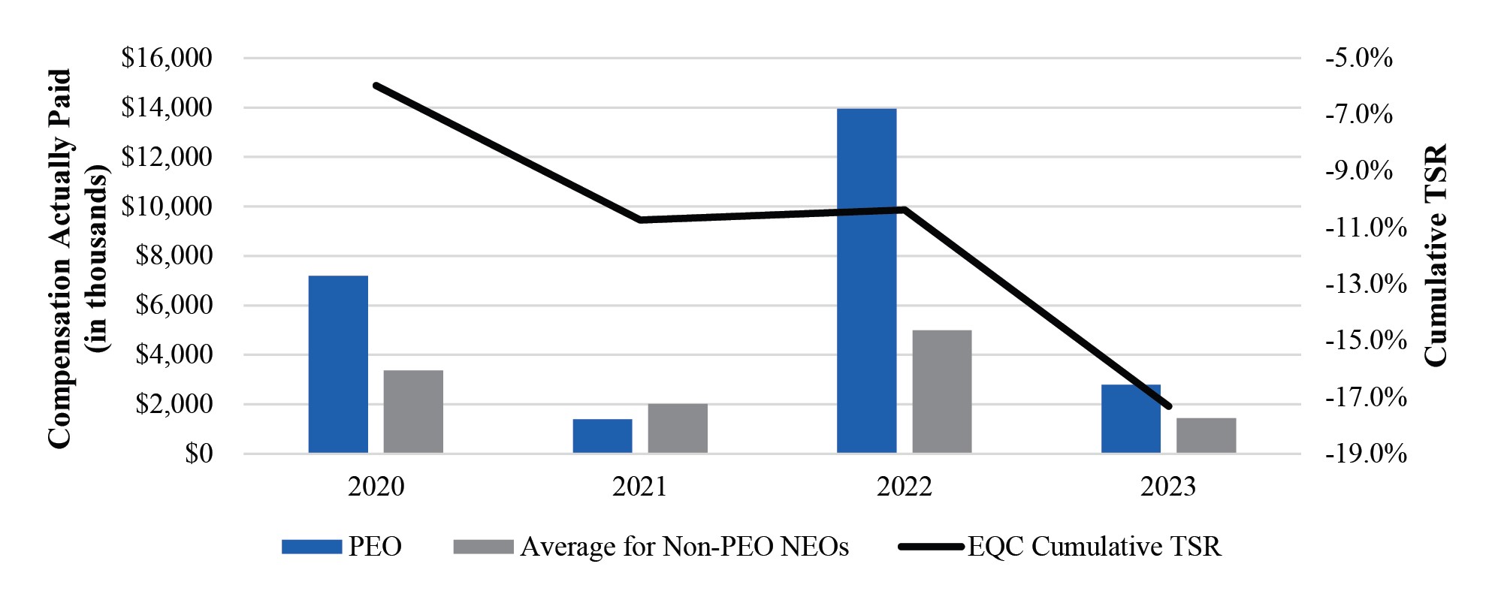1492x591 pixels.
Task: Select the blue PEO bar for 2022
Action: [866, 281]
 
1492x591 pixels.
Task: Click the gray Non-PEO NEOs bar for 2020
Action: [413, 412]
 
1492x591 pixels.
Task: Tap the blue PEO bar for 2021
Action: [602, 436]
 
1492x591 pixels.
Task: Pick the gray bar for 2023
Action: [1206, 435]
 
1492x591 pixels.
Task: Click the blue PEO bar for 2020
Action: [338, 364]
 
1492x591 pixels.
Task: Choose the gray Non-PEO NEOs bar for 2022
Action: [941, 391]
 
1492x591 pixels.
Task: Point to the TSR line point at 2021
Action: [640, 220]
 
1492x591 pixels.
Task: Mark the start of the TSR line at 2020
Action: [376, 86]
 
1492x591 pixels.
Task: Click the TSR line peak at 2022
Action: [905, 210]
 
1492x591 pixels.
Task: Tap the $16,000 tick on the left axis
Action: [167, 58]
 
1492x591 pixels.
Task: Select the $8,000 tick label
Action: [174, 256]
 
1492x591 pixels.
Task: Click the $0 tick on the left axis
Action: [198, 454]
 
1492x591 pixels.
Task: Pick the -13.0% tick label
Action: [1365, 284]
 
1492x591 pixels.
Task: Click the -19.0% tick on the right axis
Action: [1365, 454]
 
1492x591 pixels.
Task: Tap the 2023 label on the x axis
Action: [1168, 487]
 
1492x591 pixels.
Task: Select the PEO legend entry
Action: [342, 546]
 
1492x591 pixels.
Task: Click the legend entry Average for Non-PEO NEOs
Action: [651, 546]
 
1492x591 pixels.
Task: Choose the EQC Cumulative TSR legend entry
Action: [1059, 546]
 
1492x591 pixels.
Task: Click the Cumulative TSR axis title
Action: [1435, 255]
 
